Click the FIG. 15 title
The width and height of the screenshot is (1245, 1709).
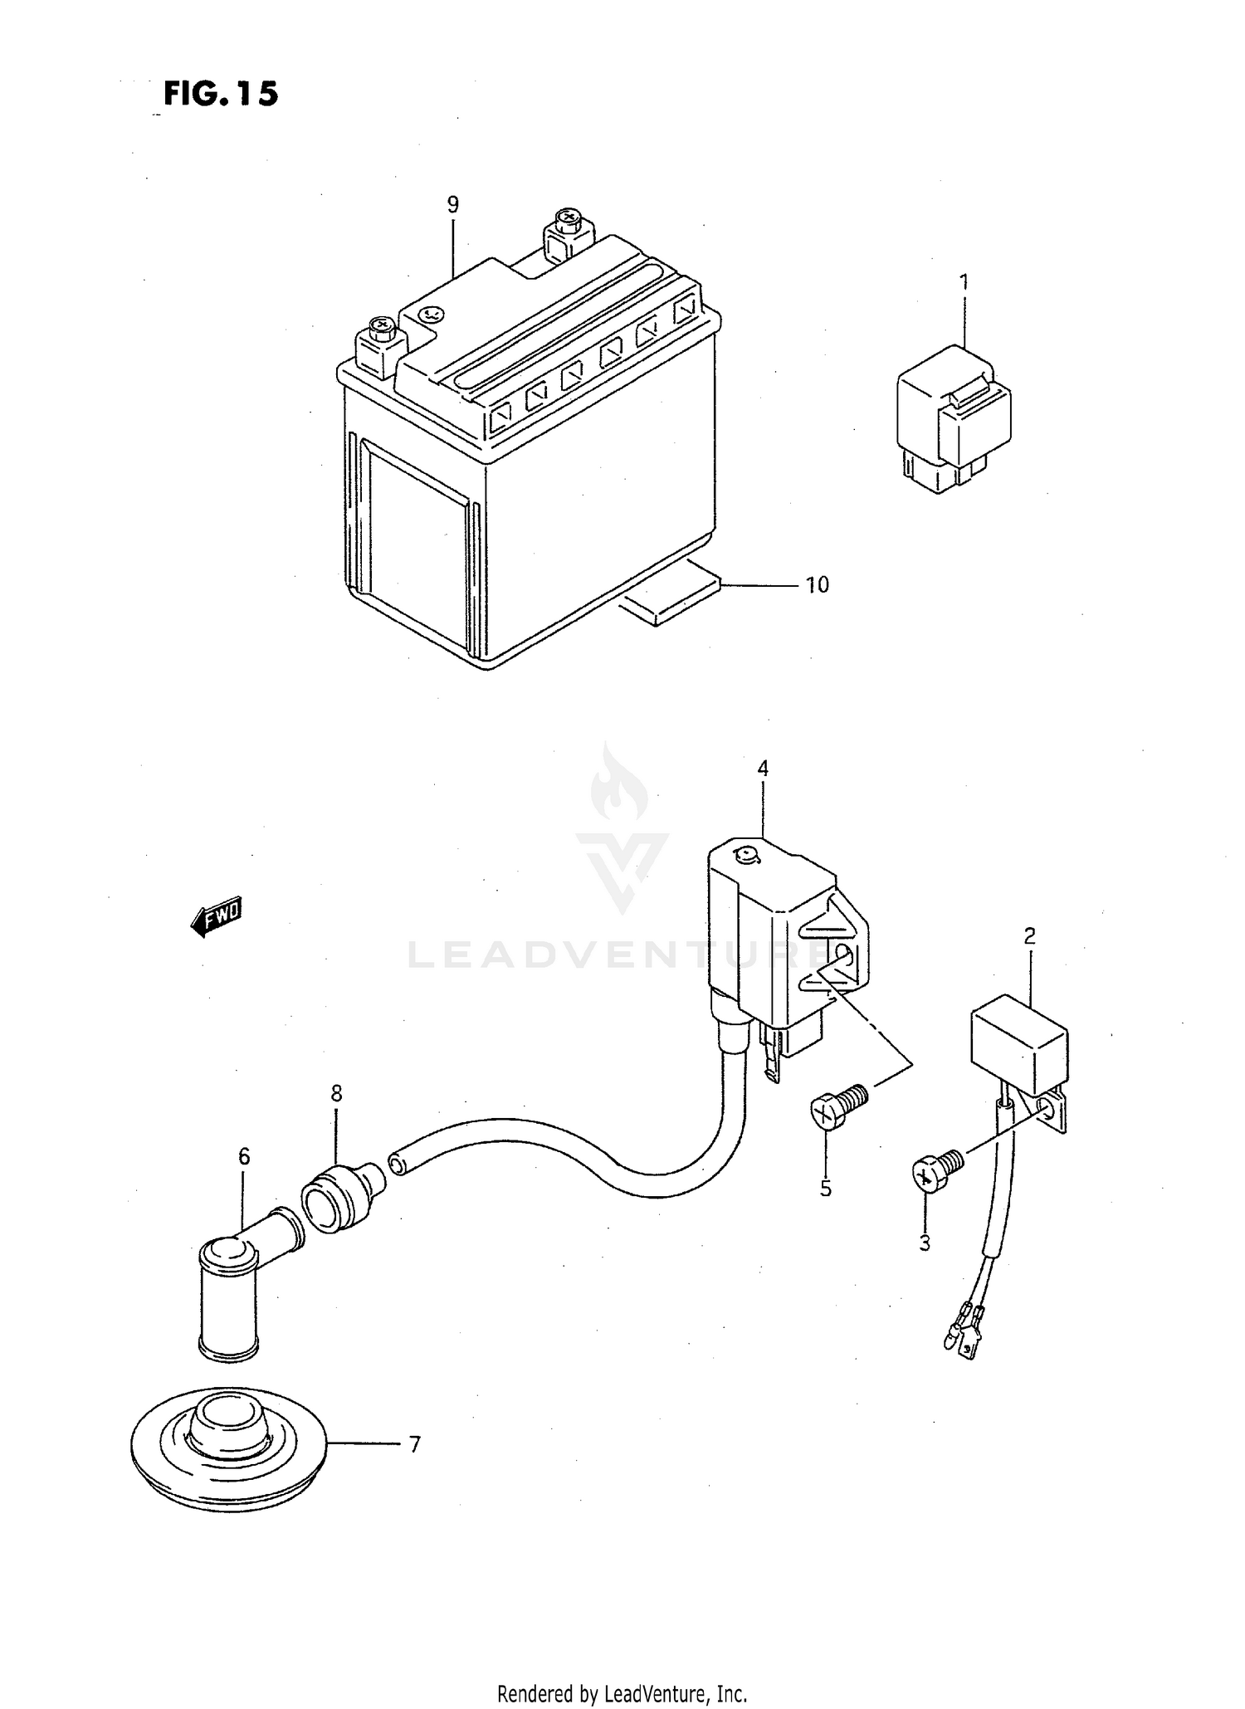pyautogui.click(x=221, y=94)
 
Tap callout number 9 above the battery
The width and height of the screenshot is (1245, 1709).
pyautogui.click(x=452, y=204)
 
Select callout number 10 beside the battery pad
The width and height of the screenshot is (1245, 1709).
pyautogui.click(x=818, y=585)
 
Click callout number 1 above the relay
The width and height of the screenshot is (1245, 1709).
pyautogui.click(x=964, y=282)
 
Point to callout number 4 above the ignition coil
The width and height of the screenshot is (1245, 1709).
pyautogui.click(x=762, y=769)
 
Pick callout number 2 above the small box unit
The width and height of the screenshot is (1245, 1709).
pyautogui.click(x=1029, y=936)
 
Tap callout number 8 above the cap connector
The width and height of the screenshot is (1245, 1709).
pyautogui.click(x=336, y=1094)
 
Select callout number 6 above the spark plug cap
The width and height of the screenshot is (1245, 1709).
pyautogui.click(x=244, y=1156)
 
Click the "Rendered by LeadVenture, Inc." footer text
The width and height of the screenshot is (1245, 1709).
pyautogui.click(x=622, y=1693)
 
